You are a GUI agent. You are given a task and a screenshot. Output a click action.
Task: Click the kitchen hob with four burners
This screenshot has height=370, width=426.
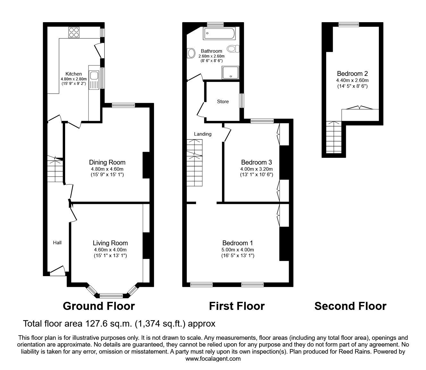click(74, 32)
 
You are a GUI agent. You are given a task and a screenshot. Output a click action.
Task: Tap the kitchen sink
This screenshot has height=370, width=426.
click(94, 76)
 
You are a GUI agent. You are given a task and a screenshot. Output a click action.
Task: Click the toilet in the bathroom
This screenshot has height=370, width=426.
click(233, 49)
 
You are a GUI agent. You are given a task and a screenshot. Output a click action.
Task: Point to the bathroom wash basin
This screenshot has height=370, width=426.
click(191, 53)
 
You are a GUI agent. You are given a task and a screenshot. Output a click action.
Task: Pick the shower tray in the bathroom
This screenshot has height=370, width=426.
click(230, 73)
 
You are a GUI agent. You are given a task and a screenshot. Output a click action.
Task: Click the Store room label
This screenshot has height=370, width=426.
click(223, 102)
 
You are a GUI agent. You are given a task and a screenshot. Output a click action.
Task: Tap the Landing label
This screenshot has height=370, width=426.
click(203, 134)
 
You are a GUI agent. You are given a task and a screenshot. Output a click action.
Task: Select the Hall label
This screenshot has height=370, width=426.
click(57, 243)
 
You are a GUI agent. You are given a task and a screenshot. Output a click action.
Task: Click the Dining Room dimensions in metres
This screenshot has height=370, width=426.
click(107, 169)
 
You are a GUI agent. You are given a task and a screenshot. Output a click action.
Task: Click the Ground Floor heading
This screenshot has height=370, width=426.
click(99, 306)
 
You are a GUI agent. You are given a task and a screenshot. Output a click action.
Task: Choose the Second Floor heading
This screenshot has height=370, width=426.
click(350, 306)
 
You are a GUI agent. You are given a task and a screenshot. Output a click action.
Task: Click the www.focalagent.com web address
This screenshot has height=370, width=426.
click(213, 359)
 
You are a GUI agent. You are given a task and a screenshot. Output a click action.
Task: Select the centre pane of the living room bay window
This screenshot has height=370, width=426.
click(111, 295)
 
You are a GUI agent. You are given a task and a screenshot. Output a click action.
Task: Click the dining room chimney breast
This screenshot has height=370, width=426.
click(146, 165)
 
